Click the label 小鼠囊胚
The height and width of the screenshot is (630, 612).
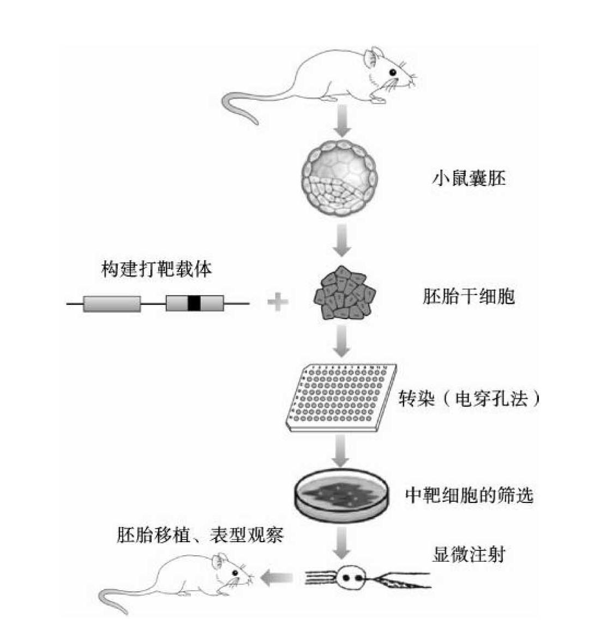click(x=469, y=178)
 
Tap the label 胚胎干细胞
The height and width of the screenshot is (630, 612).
click(x=469, y=297)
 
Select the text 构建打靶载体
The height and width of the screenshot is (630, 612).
click(x=157, y=269)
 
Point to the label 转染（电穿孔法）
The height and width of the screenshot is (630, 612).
click(x=469, y=399)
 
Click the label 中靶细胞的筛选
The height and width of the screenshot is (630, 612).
click(x=469, y=495)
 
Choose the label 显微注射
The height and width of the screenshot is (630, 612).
click(x=469, y=555)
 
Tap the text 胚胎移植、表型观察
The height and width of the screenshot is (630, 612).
click(x=200, y=535)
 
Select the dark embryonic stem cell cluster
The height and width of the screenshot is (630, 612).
click(x=344, y=293)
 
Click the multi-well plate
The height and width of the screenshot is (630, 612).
click(x=341, y=398)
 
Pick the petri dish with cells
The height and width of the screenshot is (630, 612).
click(x=341, y=496)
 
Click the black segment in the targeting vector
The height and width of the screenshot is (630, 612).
click(x=194, y=303)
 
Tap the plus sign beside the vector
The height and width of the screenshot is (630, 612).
click(x=278, y=302)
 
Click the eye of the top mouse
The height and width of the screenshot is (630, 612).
click(x=392, y=73)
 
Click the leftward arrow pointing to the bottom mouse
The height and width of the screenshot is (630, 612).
click(x=277, y=578)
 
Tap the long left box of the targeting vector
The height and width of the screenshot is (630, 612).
click(x=112, y=304)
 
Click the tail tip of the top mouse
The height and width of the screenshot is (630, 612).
click(x=256, y=123)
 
